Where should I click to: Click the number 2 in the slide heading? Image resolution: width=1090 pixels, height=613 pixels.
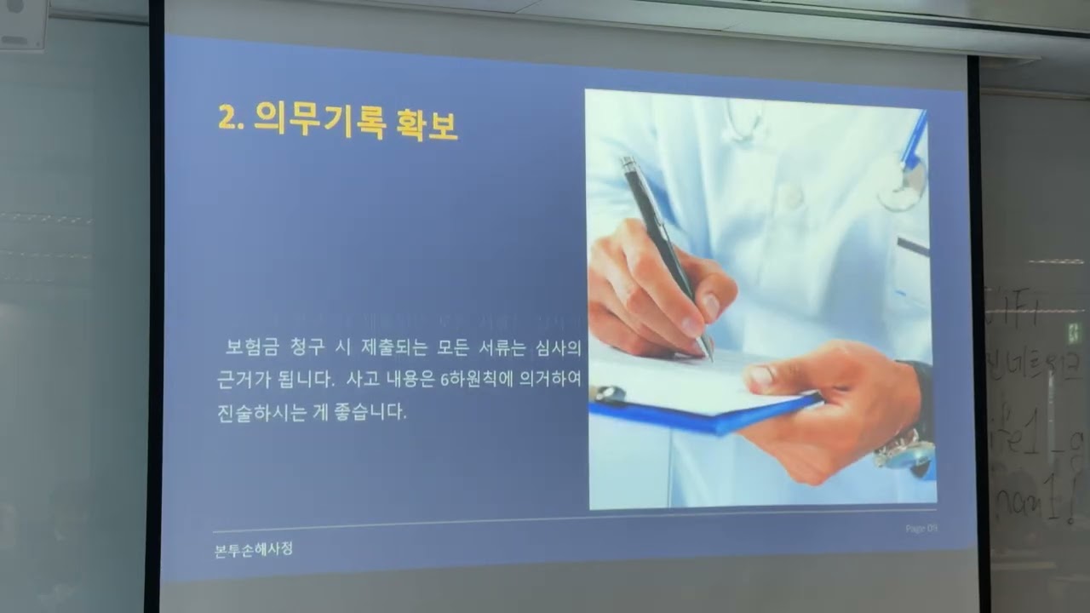pos(227,118)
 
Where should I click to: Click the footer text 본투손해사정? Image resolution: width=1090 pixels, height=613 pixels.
pos(254,550)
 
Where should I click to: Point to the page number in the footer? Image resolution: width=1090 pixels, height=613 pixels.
pos(921,529)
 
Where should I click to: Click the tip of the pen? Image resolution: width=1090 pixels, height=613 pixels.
pos(709,357)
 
